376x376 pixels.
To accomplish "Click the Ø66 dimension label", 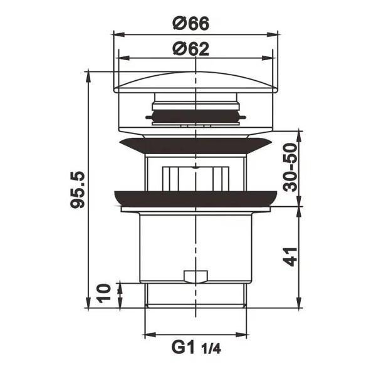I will click(x=191, y=24).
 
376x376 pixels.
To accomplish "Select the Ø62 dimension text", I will click(x=191, y=49).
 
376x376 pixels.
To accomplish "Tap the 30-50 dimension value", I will click(x=289, y=169).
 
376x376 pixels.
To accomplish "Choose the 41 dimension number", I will click(x=290, y=257).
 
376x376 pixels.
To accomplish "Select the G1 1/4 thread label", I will click(x=195, y=346).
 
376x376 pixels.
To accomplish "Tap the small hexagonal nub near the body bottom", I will click(x=194, y=276).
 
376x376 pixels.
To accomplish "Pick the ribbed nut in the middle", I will click(x=194, y=178).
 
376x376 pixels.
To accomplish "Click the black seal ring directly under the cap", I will click(x=194, y=116).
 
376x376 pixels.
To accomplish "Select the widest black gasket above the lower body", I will click(x=195, y=199).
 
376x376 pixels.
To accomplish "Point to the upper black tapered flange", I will click(x=195, y=146).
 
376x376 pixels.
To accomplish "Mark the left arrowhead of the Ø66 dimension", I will click(x=115, y=35).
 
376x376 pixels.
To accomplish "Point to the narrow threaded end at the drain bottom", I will click(x=195, y=295).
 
